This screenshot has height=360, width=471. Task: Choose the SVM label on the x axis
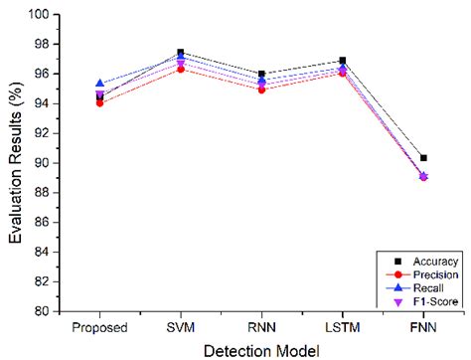click(x=181, y=326)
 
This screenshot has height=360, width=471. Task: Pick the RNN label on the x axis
click(x=261, y=326)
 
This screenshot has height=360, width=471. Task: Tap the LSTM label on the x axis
click(x=342, y=326)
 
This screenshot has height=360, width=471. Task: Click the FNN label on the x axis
click(x=423, y=326)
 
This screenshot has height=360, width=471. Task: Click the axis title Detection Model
click(x=261, y=349)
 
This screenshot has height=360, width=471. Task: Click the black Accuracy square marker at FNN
click(x=423, y=158)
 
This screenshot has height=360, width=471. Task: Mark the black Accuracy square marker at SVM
click(x=181, y=52)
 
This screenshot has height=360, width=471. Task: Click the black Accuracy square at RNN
click(x=261, y=74)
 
